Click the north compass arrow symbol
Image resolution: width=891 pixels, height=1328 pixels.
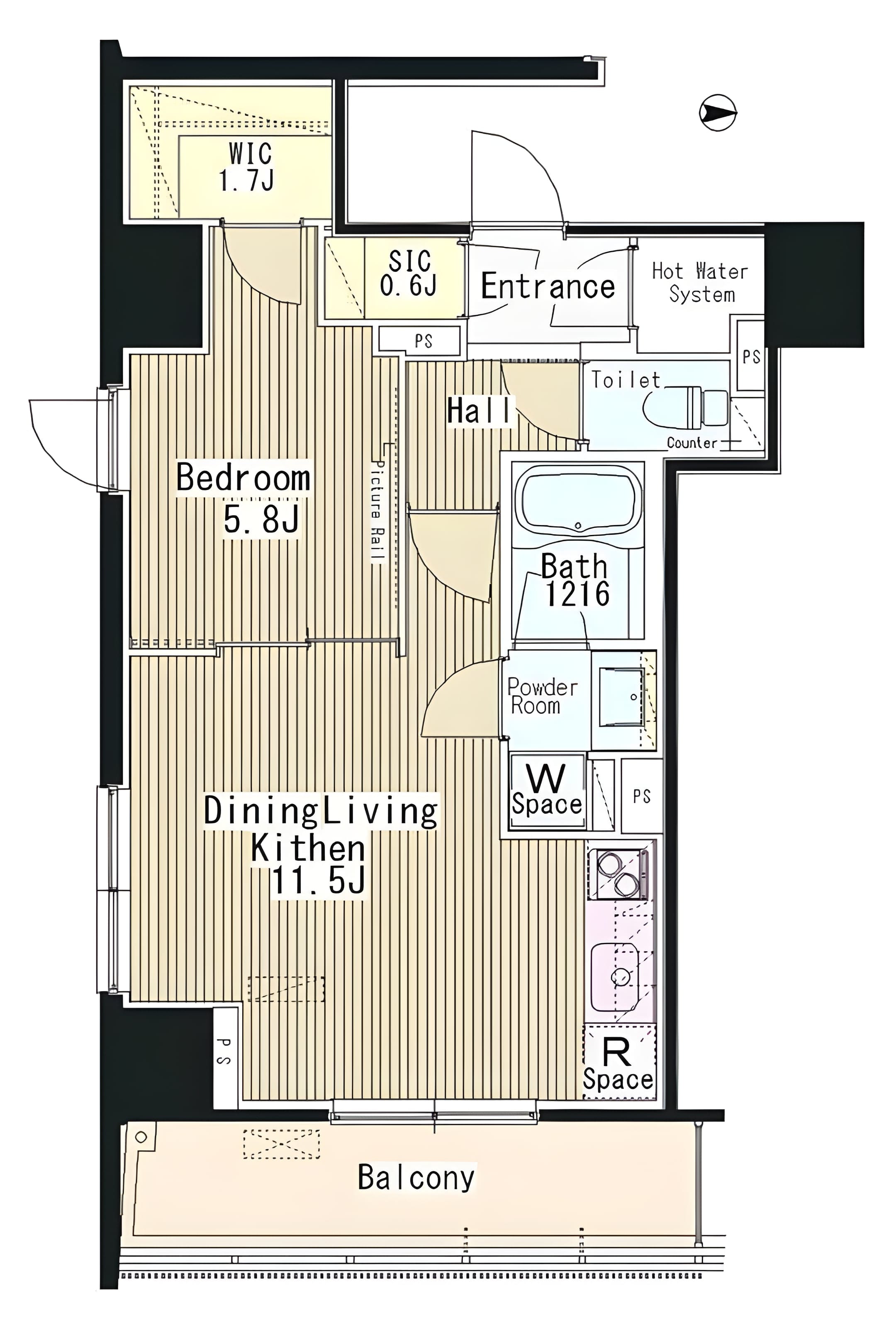718,112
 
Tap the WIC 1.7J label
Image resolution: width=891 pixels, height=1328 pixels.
248,166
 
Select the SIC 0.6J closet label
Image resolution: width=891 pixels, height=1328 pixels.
409,273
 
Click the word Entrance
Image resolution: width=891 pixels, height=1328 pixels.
548,286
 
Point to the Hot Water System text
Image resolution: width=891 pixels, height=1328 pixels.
701,283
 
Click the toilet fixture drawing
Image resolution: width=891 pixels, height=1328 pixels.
687,408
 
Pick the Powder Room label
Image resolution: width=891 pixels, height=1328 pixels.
542,696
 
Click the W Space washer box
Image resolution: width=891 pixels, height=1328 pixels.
547,791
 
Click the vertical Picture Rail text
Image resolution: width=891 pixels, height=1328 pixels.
377,512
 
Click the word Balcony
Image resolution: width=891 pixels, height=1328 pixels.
416,1177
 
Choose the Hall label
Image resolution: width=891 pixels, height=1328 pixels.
479,410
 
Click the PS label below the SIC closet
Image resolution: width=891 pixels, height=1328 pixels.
424,341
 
